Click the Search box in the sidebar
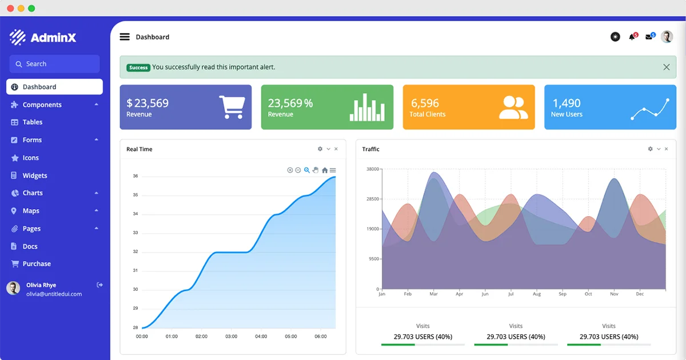(x=54, y=64)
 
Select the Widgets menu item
(x=34, y=175)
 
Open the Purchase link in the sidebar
(x=37, y=264)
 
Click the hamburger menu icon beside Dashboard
(x=125, y=37)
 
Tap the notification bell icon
(x=632, y=37)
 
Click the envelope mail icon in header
(x=649, y=37)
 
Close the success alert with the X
(x=666, y=67)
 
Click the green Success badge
(x=138, y=67)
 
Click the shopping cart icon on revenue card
(x=232, y=107)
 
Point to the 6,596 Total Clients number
(x=425, y=103)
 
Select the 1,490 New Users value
(x=566, y=103)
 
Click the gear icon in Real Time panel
(x=320, y=149)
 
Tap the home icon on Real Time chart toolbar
(x=325, y=170)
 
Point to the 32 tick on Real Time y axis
(x=135, y=251)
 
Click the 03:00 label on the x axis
(x=231, y=337)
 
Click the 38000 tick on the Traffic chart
(x=372, y=169)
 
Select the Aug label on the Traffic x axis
(x=536, y=294)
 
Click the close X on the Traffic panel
(x=667, y=149)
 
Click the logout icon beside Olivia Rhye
(x=100, y=285)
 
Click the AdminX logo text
(x=53, y=38)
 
